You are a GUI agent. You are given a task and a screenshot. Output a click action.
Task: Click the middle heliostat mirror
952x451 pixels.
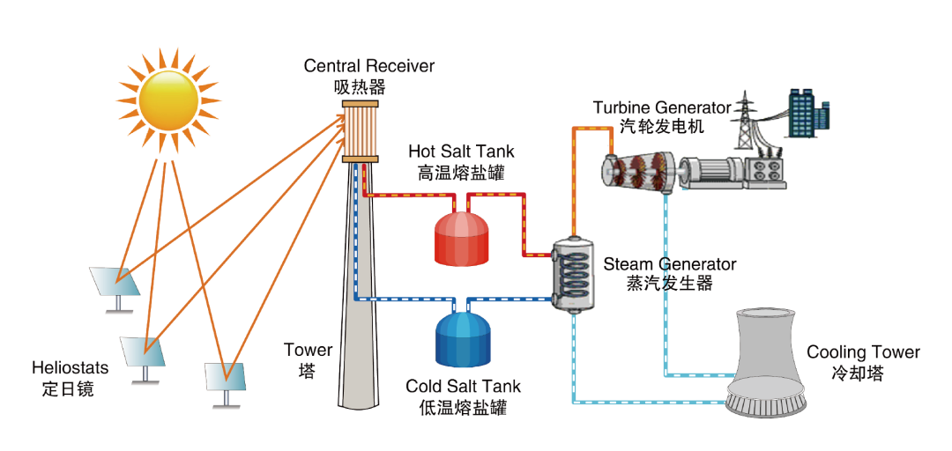click(144, 355)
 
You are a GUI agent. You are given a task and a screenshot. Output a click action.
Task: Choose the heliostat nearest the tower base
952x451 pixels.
click(226, 379)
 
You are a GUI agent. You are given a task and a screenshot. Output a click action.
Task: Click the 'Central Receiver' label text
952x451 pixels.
click(369, 67)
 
